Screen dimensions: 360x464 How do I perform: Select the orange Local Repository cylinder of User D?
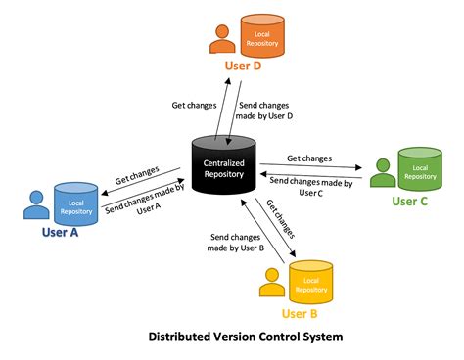coord(263,36)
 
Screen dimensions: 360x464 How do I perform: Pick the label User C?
coord(410,201)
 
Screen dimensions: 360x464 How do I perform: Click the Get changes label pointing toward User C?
coord(308,157)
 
